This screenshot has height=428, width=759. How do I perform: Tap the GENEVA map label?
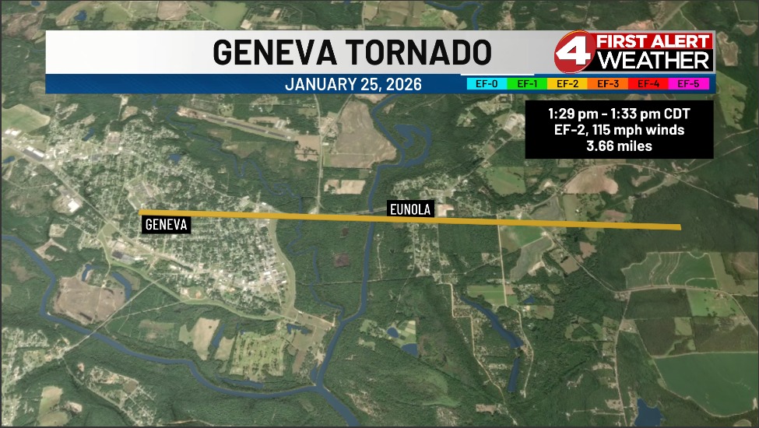[x=167, y=225]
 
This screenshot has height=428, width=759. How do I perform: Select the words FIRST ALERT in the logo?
[x=653, y=41]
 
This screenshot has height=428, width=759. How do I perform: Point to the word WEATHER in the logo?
[x=656, y=61]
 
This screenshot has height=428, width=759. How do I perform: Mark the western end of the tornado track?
[x=141, y=212]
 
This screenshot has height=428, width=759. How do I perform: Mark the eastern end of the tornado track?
[x=679, y=227]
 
